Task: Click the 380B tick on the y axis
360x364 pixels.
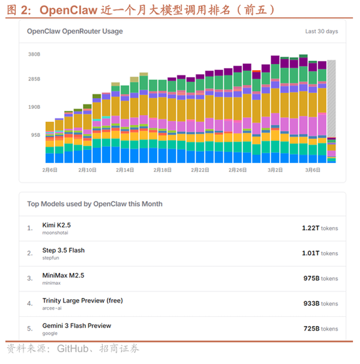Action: coord(34,54)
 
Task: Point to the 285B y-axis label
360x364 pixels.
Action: coord(34,79)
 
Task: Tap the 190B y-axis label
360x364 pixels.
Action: coord(34,107)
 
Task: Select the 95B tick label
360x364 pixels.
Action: coord(35,135)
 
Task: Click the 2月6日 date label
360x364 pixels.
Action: coord(50,170)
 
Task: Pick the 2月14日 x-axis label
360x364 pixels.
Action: coord(124,170)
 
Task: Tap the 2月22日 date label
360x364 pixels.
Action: coord(200,170)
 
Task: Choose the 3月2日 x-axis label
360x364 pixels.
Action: coord(275,170)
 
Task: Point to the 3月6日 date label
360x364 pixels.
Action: coord(312,170)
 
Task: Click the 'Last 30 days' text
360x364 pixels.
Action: coord(321,31)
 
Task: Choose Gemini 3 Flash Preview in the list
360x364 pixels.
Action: coord(77,325)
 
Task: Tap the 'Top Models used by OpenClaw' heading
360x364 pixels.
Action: coord(94,204)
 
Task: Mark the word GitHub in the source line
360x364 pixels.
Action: coord(75,348)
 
